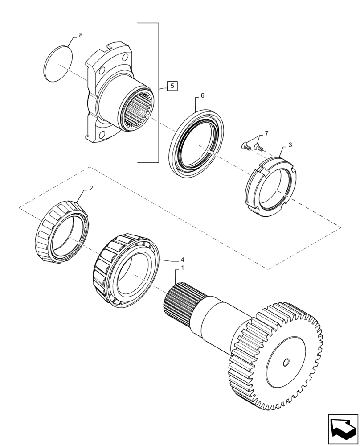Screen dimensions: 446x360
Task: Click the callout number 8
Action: tap(81, 35)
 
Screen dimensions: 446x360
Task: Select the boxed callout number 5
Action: tap(172, 87)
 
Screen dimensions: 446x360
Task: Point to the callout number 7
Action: tap(266, 133)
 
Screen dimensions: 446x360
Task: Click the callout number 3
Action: tap(290, 145)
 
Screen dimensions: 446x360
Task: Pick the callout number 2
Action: tap(91, 188)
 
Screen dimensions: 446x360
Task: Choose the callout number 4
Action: tap(182, 259)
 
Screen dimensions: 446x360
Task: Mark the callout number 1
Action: tap(182, 268)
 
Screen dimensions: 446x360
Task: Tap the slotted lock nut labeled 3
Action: tap(270, 187)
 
